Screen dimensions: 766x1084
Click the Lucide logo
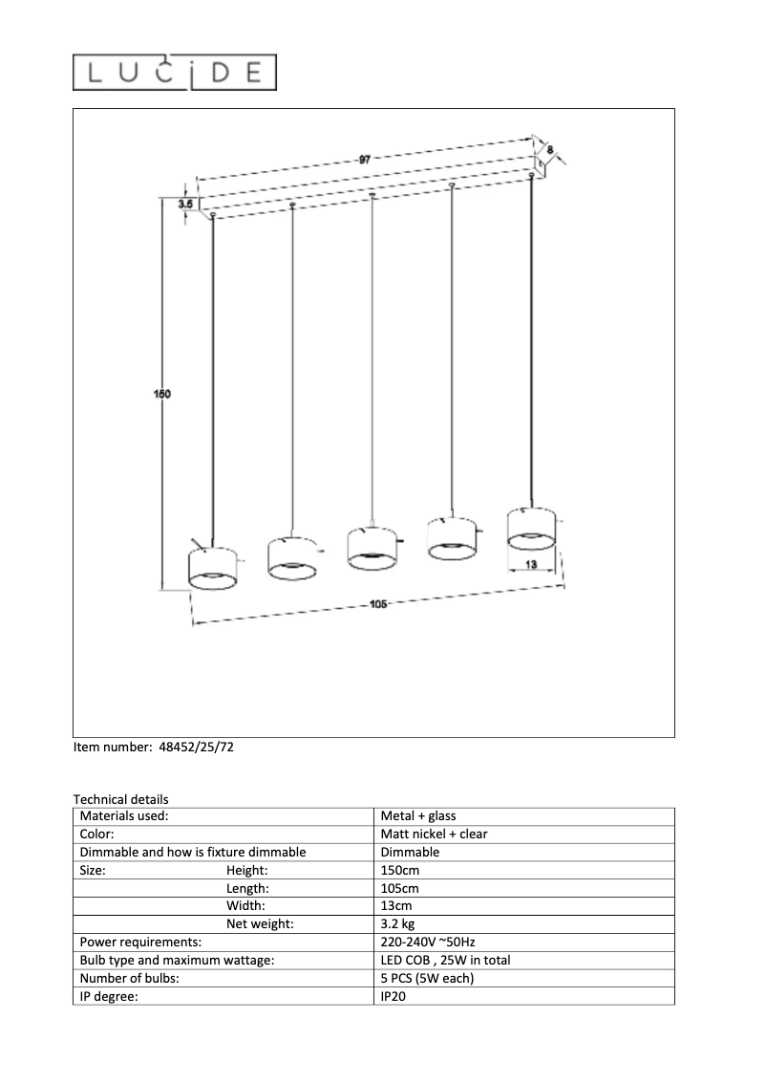click(x=176, y=73)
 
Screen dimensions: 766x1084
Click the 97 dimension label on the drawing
click(x=364, y=161)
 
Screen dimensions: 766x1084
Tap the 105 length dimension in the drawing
click(x=377, y=604)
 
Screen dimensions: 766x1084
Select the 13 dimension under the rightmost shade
click(x=531, y=566)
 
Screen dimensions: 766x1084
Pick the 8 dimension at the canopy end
click(x=551, y=149)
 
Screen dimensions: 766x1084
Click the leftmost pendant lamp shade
click(x=214, y=568)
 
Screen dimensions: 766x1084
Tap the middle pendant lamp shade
click(x=372, y=545)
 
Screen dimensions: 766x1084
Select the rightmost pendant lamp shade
click(x=532, y=529)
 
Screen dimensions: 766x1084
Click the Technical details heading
click(x=120, y=799)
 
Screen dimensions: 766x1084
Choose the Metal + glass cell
click(x=418, y=816)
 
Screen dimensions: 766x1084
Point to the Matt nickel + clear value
click(x=434, y=834)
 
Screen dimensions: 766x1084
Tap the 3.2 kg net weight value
click(x=397, y=924)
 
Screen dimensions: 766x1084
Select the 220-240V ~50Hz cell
click(x=428, y=943)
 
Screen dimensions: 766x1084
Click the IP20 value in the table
click(x=394, y=996)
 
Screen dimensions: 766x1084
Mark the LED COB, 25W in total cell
click(x=445, y=961)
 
